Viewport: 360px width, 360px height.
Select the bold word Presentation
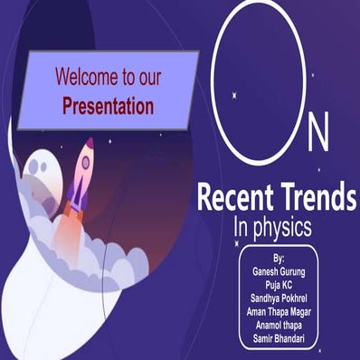pyautogui.click(x=109, y=105)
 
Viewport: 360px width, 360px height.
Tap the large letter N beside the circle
pyautogui.click(x=318, y=136)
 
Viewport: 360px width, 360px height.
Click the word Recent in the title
pyautogui.click(x=234, y=194)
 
